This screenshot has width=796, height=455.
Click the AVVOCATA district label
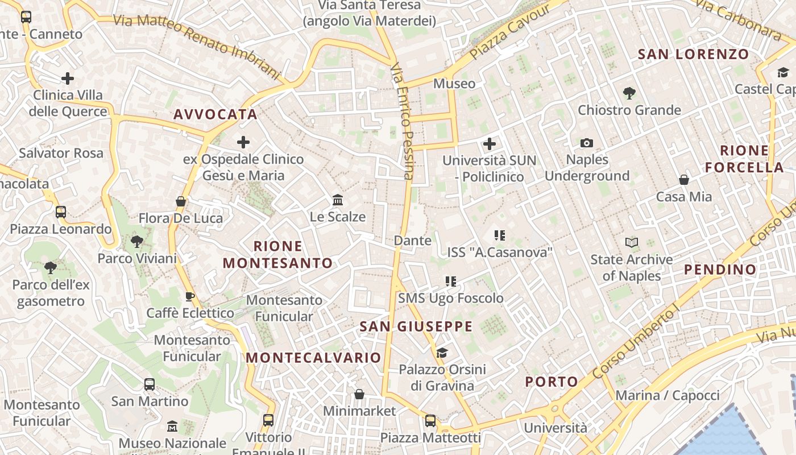coord(215,114)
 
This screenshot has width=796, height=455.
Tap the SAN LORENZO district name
coord(693,55)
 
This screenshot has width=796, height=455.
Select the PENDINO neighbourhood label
coord(720,270)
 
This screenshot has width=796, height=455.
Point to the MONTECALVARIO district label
coord(313,358)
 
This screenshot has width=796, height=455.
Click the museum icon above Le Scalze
coord(338,200)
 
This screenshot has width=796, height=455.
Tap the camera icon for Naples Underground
coord(587,143)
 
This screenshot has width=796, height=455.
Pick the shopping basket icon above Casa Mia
coord(684,180)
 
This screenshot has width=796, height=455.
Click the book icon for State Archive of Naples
coord(631,243)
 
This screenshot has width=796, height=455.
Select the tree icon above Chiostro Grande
coord(629,93)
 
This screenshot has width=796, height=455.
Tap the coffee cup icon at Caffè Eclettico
coord(190,296)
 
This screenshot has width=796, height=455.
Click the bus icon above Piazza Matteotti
coord(430,421)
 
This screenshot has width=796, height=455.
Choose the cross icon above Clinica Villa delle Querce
coord(68,78)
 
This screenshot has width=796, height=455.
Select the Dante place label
coord(413,241)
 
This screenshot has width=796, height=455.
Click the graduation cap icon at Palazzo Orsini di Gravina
coord(442,353)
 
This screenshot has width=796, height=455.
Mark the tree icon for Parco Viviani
coord(136,242)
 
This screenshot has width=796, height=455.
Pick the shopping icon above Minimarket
coord(359,394)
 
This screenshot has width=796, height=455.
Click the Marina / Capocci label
coord(668,395)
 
